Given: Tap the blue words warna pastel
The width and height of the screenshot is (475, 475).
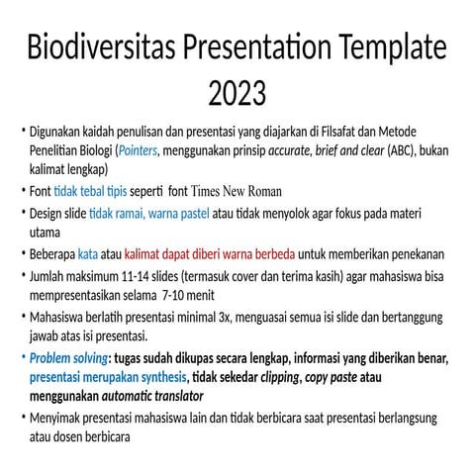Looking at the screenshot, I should tap(188, 213).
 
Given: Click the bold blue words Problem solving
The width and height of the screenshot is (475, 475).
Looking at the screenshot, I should tap(67, 357).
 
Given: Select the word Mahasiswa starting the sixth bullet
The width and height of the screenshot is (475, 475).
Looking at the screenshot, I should tap(60, 317).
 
